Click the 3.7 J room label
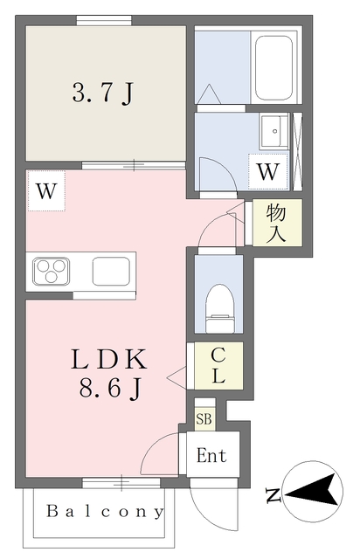(103, 93)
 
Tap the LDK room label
(109, 359)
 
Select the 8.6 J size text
(110, 388)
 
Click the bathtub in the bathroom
(273, 68)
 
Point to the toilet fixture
(220, 308)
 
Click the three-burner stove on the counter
(51, 272)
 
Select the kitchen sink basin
(111, 272)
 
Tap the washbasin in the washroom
(273, 131)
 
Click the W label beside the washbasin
(268, 172)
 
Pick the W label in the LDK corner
(46, 191)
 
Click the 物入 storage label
(276, 223)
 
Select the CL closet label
(218, 365)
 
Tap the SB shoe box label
(204, 419)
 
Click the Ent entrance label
(211, 456)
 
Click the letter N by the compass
(273, 495)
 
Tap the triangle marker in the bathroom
(210, 94)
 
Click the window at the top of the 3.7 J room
(104, 20)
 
